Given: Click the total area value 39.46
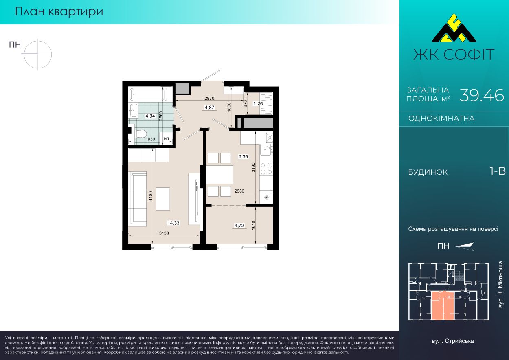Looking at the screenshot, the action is pos(481,95).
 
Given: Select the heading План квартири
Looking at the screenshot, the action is pos(59,12).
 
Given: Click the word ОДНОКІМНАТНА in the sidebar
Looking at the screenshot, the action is pos(441,119).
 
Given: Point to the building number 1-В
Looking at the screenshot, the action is pos(497,171).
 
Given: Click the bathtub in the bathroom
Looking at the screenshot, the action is pos(149,94).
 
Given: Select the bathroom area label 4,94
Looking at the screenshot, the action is pos(150,116).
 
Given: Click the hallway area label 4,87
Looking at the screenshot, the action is pos(209,108).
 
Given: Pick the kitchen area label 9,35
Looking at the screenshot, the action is pos(243,157).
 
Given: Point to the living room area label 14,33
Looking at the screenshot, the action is pos(173,223).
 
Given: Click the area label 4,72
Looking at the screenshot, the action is pos(239,226).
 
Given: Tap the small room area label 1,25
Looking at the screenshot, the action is pos(258,104).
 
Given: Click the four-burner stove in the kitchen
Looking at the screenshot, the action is pos(266,169).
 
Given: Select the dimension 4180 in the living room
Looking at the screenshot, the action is pos(151,196).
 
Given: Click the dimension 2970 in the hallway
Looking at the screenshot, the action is pos(209,99).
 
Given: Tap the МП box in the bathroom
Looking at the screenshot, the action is pos(166,138).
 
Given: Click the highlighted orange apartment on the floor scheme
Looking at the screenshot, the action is pos(443,306).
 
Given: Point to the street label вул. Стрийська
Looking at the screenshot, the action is pos(453,341).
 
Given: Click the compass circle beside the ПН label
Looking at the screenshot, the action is pos(38,55).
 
